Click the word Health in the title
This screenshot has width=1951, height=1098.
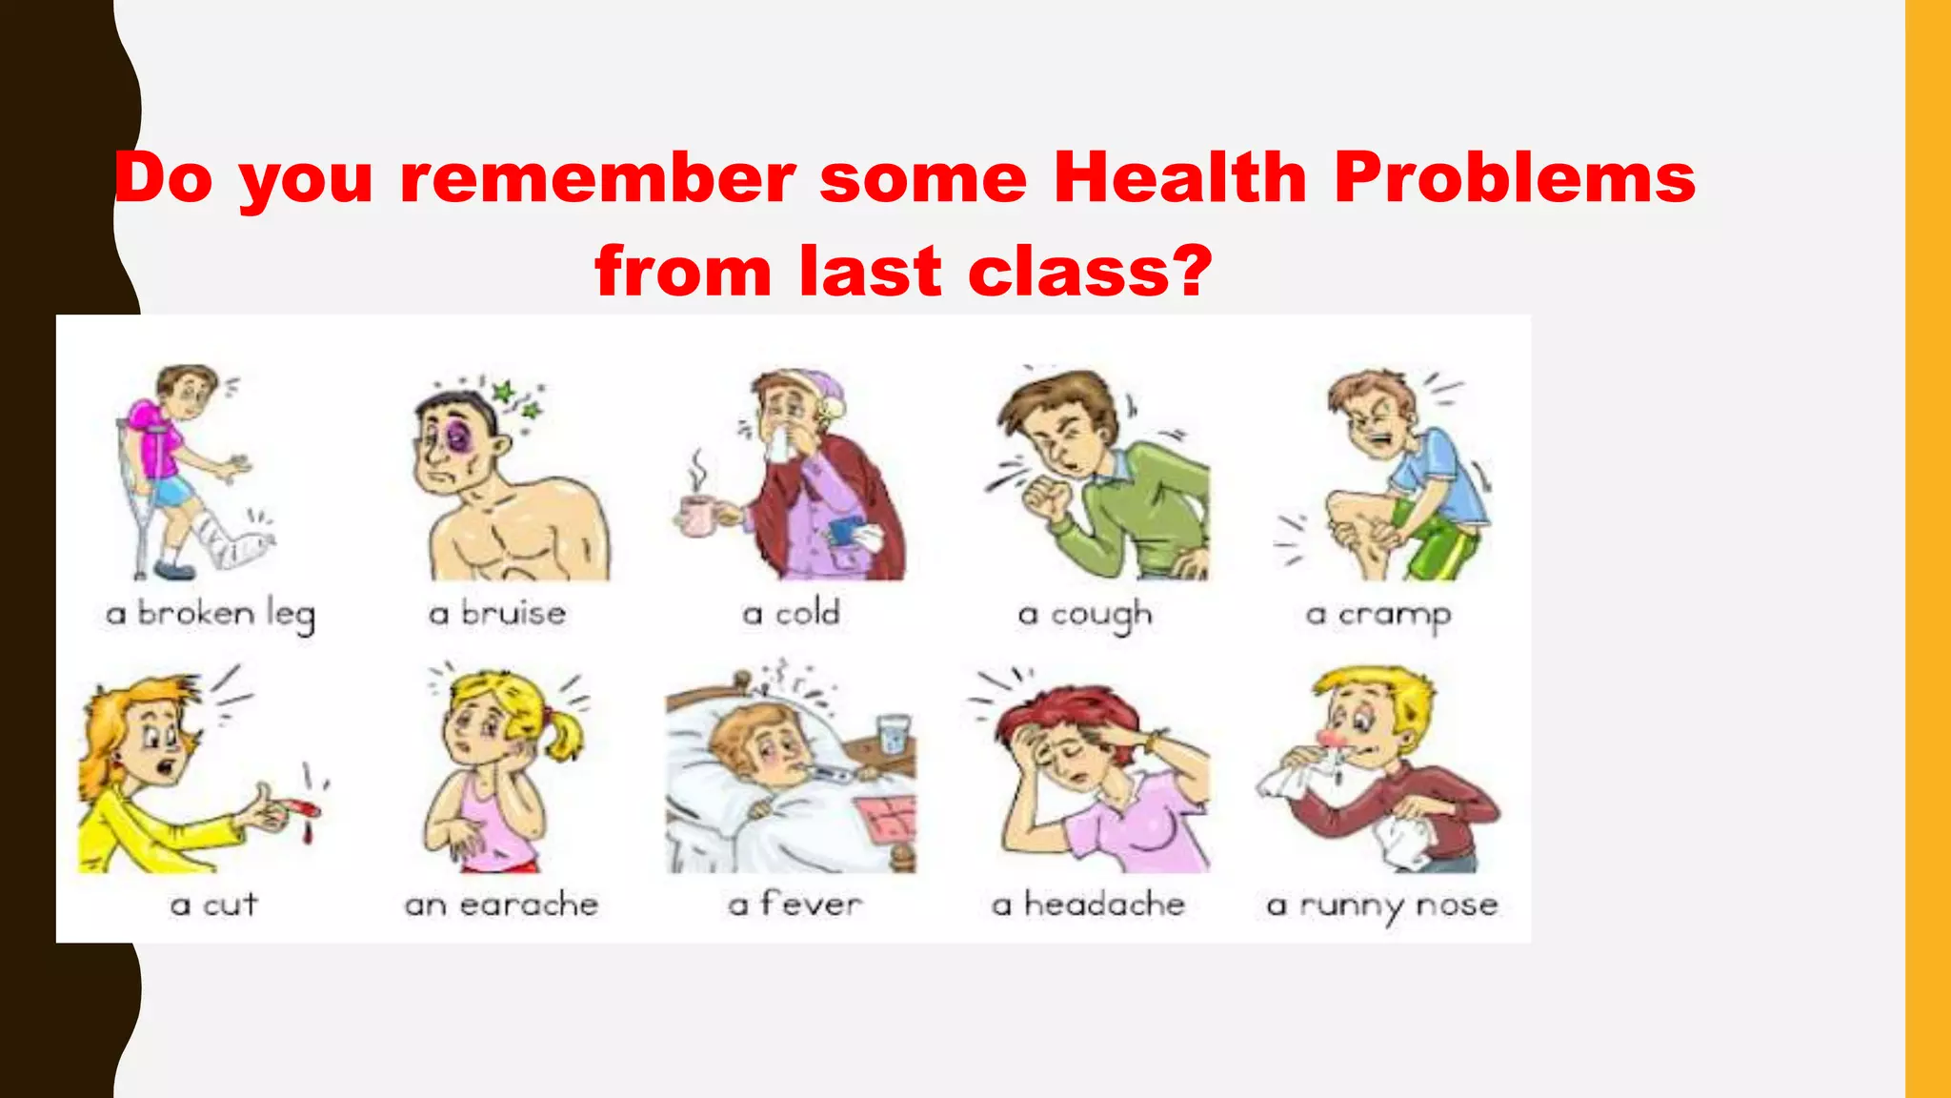coord(1179,178)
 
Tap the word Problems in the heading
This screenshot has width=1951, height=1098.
coord(1514,178)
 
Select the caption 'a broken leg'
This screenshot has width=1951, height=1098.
coord(211,614)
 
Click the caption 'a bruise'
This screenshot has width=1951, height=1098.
coord(497,613)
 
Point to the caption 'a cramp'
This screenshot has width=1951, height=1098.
coord(1378,615)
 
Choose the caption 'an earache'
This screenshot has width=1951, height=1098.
coord(501,904)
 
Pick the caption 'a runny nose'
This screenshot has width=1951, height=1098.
coord(1381,905)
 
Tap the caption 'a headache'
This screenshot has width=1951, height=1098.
coord(1088,904)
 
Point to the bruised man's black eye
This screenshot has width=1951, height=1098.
coord(455,439)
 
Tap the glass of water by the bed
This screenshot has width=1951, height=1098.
coord(892,734)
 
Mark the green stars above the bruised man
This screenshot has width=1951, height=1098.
coord(515,400)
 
